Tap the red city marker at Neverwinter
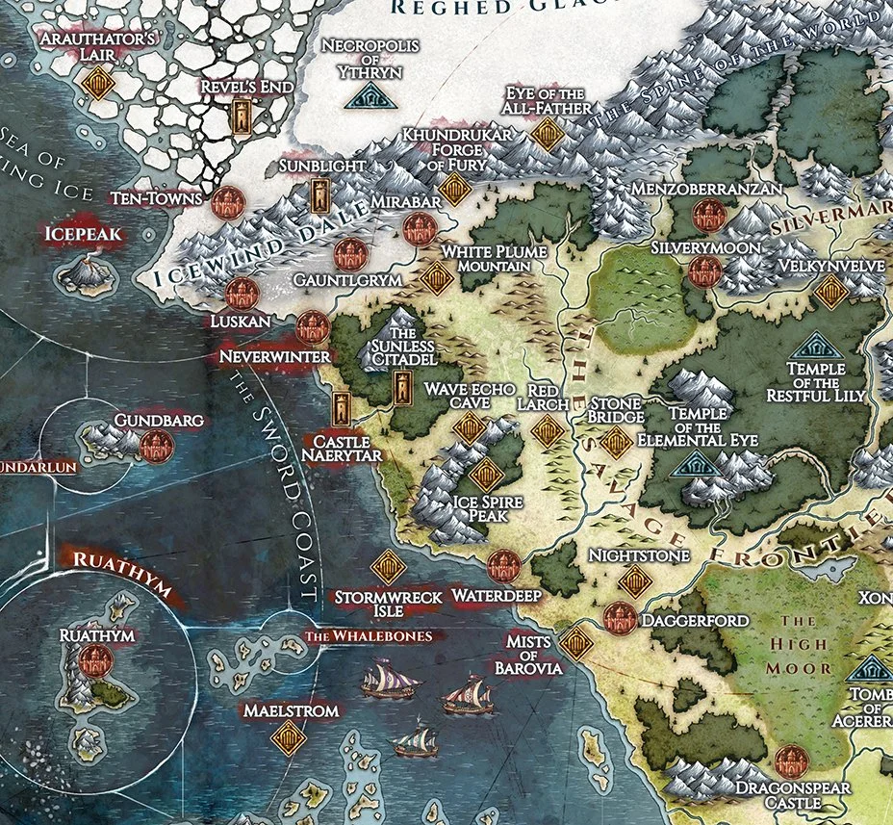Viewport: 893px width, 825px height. point(313,328)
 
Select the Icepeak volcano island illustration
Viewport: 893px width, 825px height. point(87,273)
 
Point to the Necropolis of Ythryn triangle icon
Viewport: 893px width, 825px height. point(365,95)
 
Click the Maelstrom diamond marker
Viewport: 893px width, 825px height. point(287,738)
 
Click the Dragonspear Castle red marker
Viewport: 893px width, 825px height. point(789,761)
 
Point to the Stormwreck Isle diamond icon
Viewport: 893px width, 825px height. point(388,567)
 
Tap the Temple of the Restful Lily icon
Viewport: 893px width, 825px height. point(817,346)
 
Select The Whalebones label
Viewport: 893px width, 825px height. point(374,636)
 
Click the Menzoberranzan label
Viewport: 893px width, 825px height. point(705,189)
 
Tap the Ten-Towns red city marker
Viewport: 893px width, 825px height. point(228,202)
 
